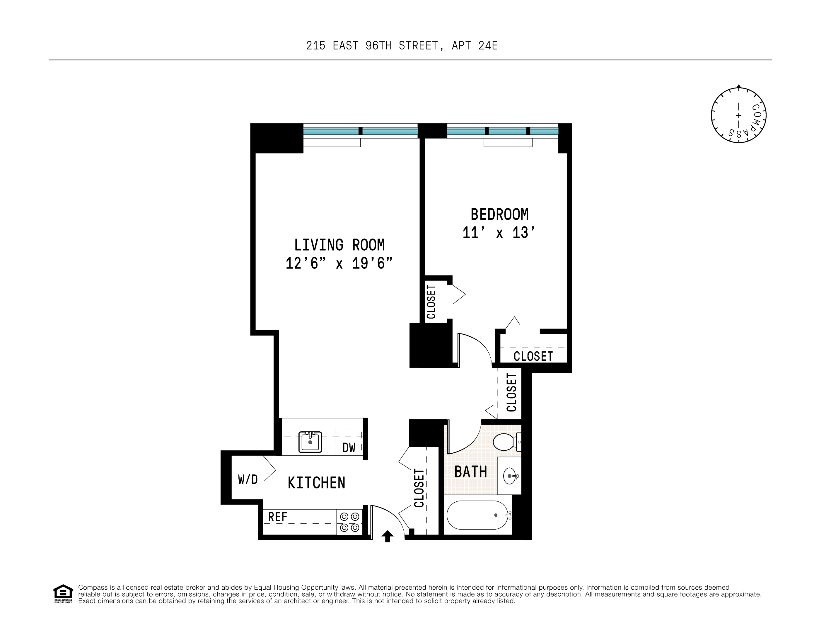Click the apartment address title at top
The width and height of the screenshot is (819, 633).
[x=402, y=45]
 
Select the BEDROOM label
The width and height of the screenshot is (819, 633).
[x=499, y=215]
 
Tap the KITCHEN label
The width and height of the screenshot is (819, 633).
[x=316, y=483]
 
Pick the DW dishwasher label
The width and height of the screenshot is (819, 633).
[x=349, y=447]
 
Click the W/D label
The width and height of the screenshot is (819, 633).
[x=248, y=479]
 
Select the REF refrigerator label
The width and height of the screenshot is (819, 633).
[x=277, y=517]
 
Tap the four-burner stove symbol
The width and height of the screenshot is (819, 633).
[x=349, y=522]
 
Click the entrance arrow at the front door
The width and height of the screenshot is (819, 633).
[x=387, y=536]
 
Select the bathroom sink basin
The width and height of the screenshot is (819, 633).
[x=510, y=476]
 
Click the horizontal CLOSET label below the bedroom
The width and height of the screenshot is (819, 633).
[x=533, y=356]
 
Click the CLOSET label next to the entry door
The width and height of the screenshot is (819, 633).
[x=419, y=488]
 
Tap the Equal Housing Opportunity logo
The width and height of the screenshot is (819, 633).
[x=63, y=594]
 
